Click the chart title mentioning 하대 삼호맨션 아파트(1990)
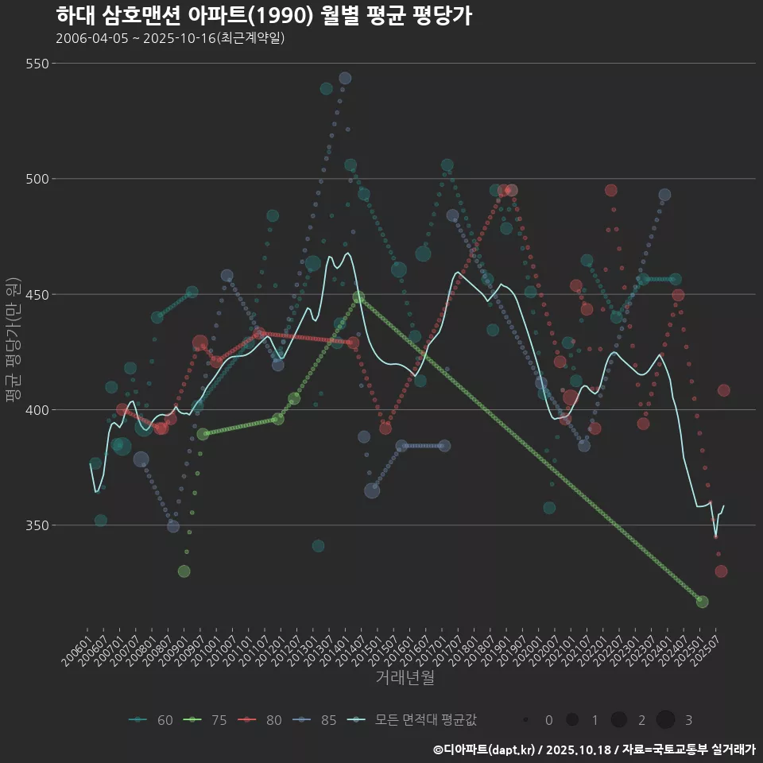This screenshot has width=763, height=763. pyautogui.click(x=264, y=16)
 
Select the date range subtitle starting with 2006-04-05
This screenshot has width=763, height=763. pyautogui.click(x=170, y=38)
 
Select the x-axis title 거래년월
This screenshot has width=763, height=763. pyautogui.click(x=405, y=678)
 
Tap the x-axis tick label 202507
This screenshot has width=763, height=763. pyautogui.click(x=706, y=653)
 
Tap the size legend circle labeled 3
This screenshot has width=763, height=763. pyautogui.click(x=666, y=720)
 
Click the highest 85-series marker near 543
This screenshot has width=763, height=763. pyautogui.click(x=345, y=78)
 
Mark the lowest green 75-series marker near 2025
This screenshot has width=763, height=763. pyautogui.click(x=702, y=602)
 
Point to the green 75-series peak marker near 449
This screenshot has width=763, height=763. pyautogui.click(x=358, y=297)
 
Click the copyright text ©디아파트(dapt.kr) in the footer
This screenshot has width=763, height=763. pyautogui.click(x=486, y=749)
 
